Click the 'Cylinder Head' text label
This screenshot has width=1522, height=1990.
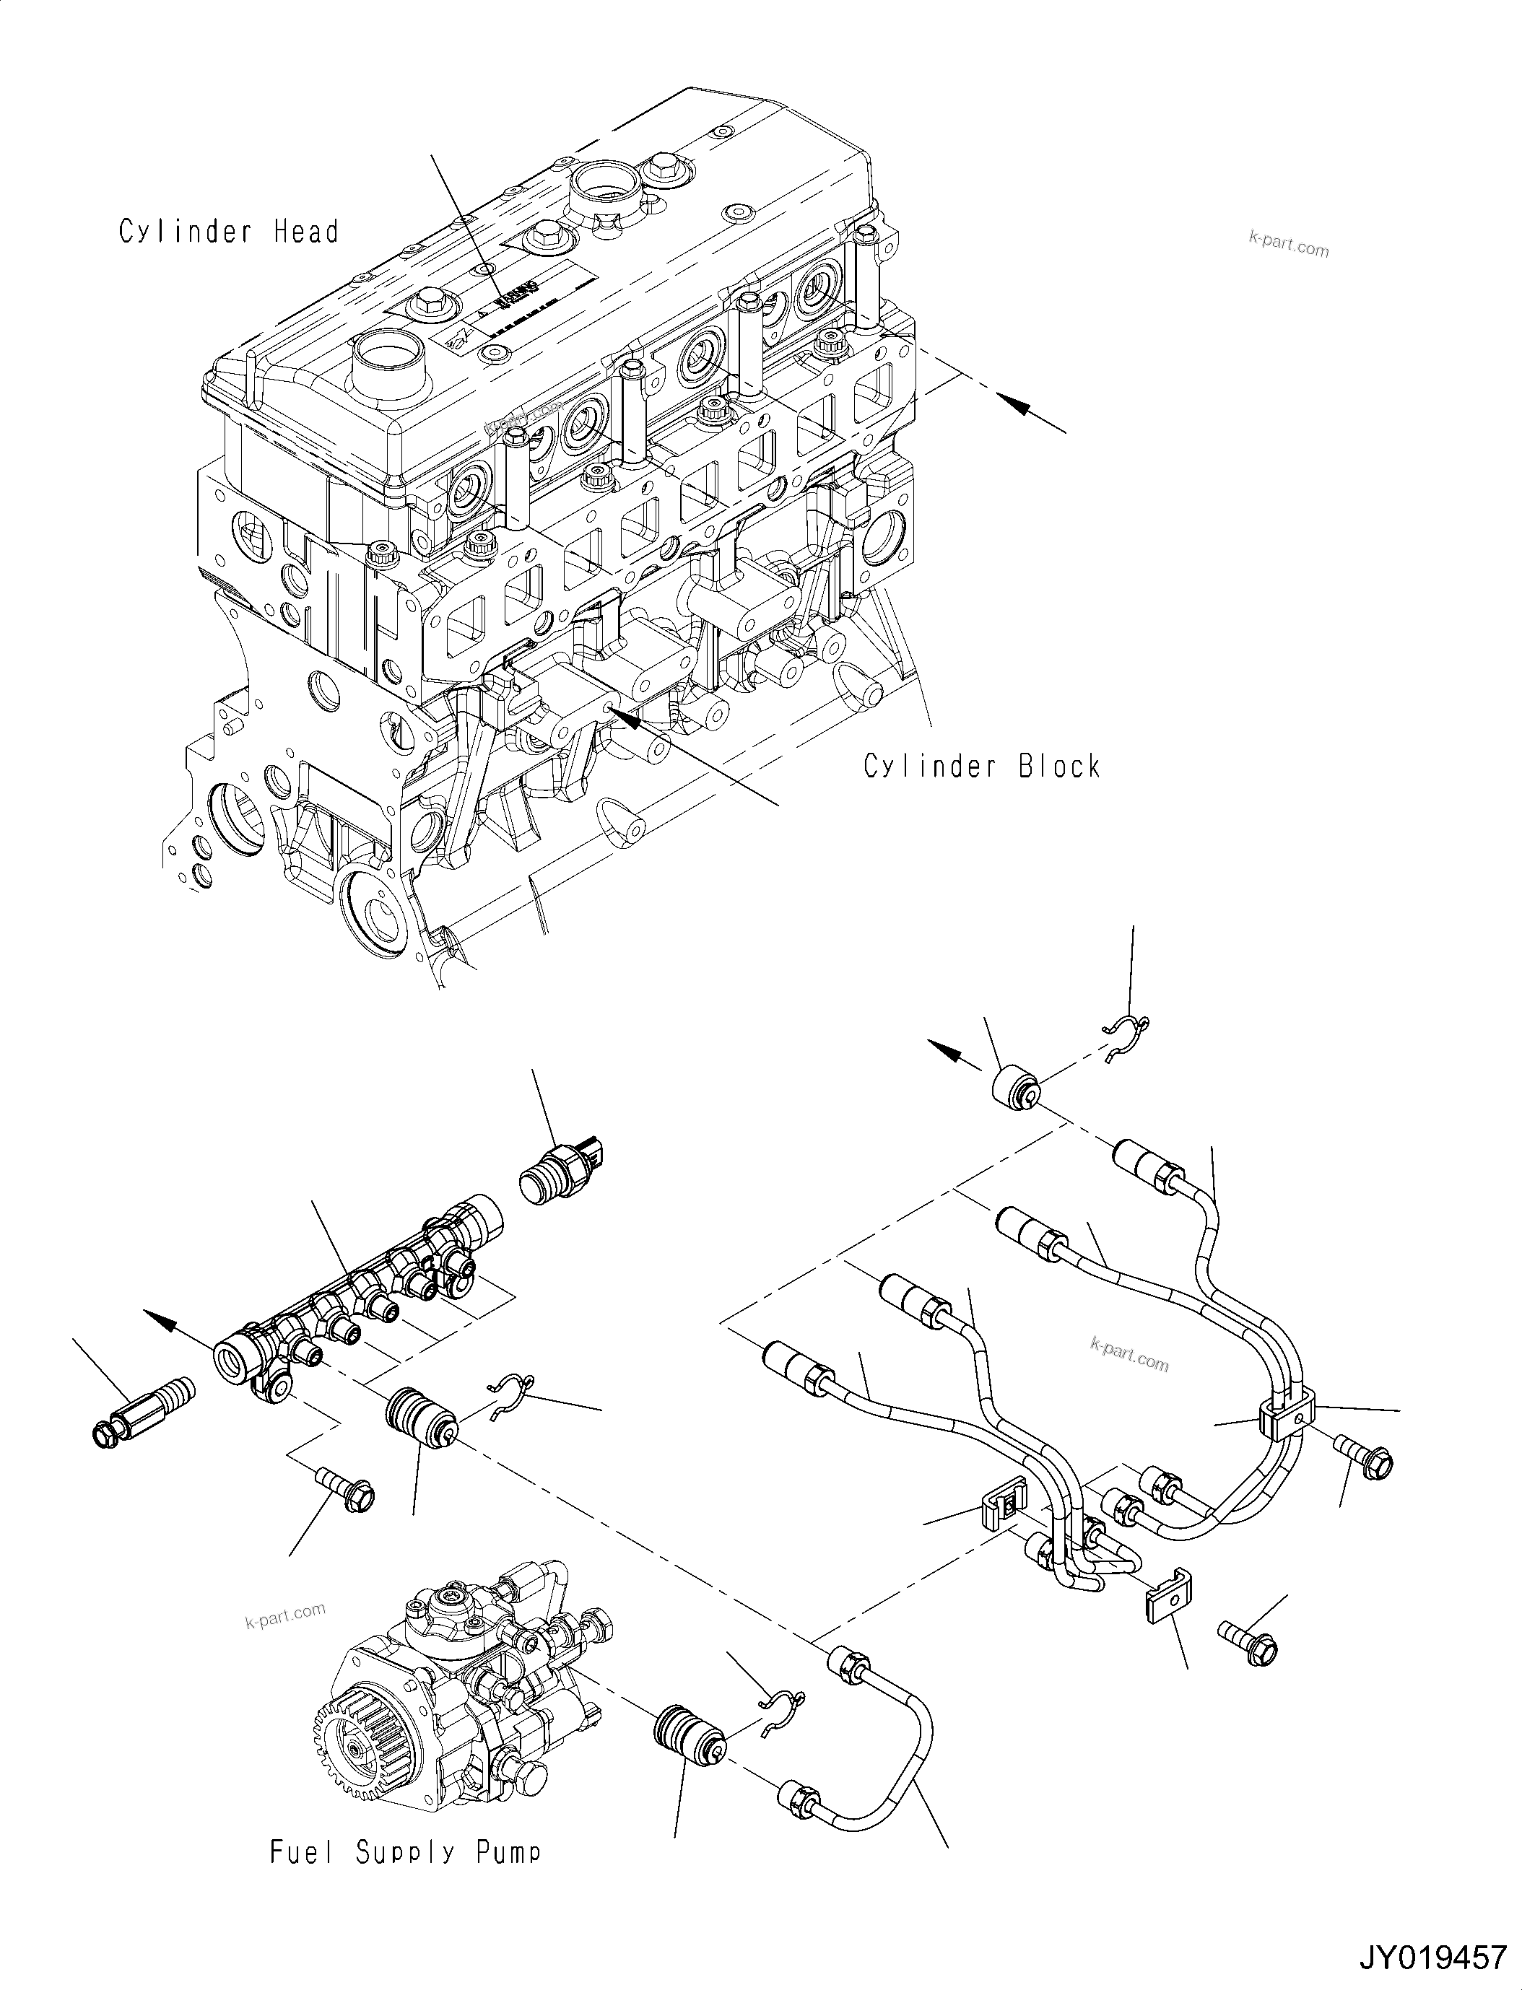pos(228,232)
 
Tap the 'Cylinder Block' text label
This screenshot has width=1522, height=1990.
pos(981,767)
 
